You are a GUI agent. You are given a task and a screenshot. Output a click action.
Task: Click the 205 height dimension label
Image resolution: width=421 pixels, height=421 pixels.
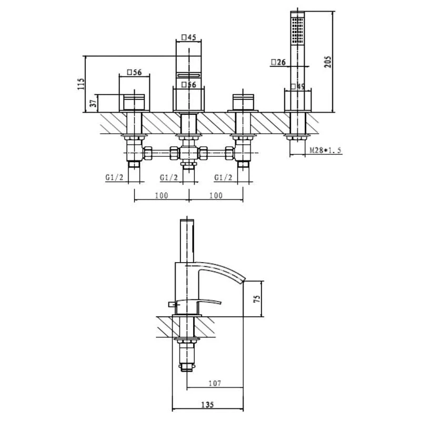[x=327, y=62]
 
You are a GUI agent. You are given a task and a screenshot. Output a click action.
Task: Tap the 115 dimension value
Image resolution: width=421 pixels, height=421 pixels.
[x=81, y=84]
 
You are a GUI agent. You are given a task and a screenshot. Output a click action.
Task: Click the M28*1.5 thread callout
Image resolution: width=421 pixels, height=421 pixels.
[x=325, y=150]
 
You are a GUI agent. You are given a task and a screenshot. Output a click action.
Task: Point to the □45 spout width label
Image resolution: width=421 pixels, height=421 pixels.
[x=189, y=37]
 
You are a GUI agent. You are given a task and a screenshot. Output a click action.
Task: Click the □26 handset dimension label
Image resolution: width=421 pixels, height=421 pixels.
[x=278, y=62]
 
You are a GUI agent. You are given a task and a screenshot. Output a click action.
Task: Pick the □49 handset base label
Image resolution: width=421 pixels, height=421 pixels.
[x=298, y=86]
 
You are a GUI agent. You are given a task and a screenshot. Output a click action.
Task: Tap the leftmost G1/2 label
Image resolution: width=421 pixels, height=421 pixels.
[x=114, y=177]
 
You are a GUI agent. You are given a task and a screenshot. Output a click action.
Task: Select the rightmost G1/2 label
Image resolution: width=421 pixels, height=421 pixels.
[x=223, y=177]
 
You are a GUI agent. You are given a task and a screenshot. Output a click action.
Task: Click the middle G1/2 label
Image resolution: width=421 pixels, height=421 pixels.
[x=168, y=177]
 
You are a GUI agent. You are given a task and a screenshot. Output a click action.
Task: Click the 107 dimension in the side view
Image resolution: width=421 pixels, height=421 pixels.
[x=215, y=383]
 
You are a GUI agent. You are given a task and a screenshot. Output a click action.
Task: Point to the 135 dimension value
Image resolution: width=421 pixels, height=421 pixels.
[x=207, y=404]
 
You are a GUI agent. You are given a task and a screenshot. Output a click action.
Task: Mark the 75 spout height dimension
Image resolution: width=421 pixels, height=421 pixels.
[x=257, y=299]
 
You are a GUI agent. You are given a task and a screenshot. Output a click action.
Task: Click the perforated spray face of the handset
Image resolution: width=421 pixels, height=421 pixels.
[x=297, y=30]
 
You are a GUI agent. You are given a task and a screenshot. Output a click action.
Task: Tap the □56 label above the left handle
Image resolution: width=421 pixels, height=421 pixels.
[x=134, y=72]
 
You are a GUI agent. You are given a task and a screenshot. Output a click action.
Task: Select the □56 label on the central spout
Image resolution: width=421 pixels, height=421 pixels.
[x=189, y=85]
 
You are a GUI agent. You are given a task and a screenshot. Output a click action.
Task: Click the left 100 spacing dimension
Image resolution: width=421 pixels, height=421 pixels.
[x=162, y=195]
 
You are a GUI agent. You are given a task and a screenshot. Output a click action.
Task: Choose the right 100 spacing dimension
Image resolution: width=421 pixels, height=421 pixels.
[x=216, y=195]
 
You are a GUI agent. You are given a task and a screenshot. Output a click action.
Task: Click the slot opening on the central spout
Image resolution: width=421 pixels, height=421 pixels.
[x=188, y=75]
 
